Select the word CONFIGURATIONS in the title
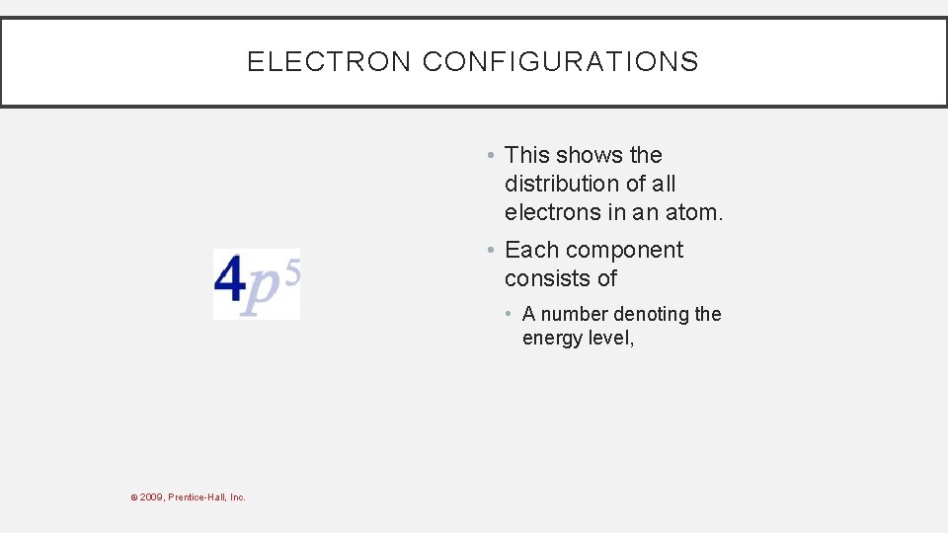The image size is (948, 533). tap(560, 62)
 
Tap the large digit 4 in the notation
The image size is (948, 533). tap(229, 281)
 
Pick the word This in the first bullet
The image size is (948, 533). tap(527, 155)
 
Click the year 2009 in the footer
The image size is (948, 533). tap(153, 497)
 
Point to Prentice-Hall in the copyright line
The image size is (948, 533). tap(197, 497)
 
